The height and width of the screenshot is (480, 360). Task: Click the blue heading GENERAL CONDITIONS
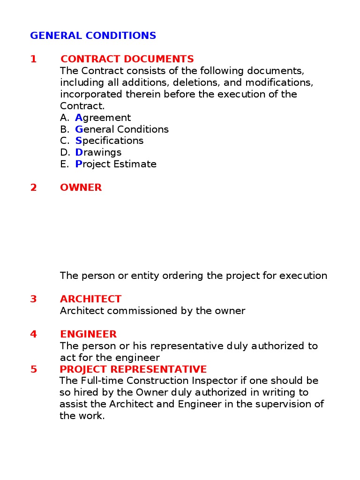(x=93, y=36)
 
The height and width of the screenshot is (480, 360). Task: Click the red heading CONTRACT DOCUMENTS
(x=127, y=59)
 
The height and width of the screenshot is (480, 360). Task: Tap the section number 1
(x=33, y=59)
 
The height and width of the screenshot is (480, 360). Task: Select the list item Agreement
(x=103, y=118)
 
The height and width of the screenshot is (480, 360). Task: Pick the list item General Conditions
(x=122, y=129)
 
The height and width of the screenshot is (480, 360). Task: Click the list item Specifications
(x=109, y=141)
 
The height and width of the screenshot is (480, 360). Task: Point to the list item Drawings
(x=98, y=152)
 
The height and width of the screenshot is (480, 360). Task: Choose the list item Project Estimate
(x=116, y=164)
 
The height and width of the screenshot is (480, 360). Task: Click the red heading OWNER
(x=81, y=187)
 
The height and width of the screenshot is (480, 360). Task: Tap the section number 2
(x=33, y=187)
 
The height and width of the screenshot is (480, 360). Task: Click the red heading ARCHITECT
(x=90, y=299)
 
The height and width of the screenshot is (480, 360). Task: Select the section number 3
(x=33, y=299)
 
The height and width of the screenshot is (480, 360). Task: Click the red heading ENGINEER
(x=88, y=334)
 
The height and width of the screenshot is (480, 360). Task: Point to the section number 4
(x=33, y=334)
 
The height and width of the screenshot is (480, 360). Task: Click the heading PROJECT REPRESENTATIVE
(x=133, y=369)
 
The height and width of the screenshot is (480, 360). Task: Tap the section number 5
(x=33, y=369)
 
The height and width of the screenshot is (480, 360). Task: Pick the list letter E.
(x=64, y=164)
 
